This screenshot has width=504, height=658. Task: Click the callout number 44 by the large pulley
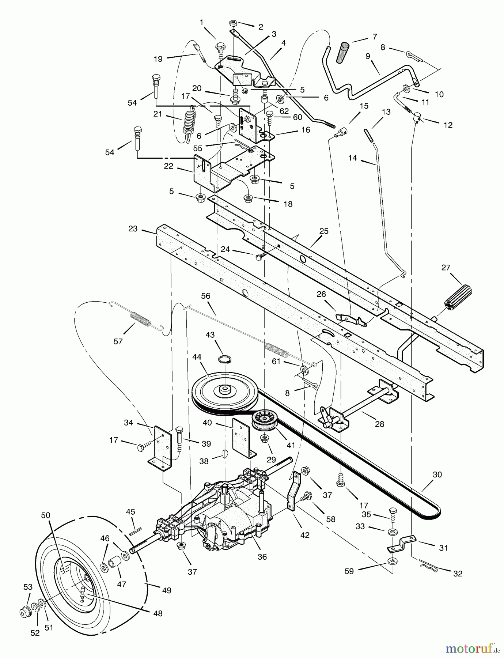[197, 357]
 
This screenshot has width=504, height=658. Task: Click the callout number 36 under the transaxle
[262, 557]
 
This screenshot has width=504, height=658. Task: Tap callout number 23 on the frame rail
[133, 228]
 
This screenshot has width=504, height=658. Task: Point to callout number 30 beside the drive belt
[437, 474]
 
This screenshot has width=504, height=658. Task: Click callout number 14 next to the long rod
[352, 158]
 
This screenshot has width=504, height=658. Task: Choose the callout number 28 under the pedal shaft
[379, 424]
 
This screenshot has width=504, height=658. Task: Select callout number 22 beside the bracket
[168, 166]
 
